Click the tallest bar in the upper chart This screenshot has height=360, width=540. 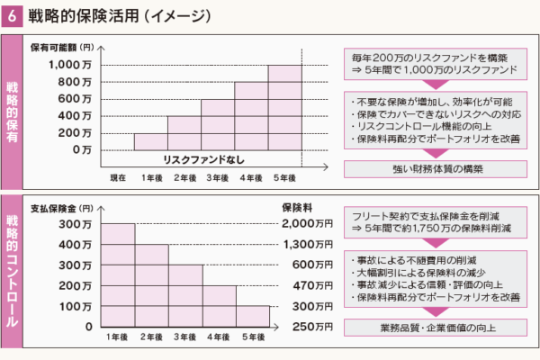(284, 108)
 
